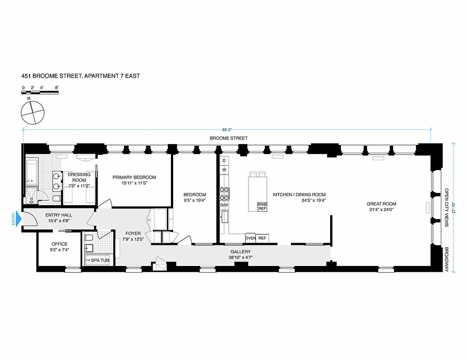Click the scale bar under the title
click(x=40, y=93)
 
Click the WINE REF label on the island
click(x=262, y=207)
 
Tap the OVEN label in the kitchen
click(x=251, y=238)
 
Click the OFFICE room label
click(x=59, y=244)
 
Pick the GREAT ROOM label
click(x=381, y=204)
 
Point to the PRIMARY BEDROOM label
click(x=134, y=177)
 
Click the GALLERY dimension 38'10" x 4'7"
click(x=240, y=258)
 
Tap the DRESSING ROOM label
click(x=79, y=177)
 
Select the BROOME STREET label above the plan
click(x=229, y=138)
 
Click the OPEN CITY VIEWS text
click(x=447, y=207)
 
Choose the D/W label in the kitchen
click(x=224, y=205)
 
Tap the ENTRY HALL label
click(x=59, y=215)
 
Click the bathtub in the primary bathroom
click(x=33, y=172)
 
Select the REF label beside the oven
click(x=262, y=238)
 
